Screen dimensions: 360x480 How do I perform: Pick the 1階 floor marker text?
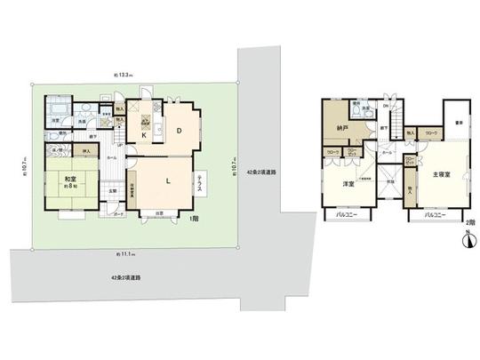(x=193, y=218)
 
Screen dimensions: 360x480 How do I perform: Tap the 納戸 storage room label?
(x=341, y=129)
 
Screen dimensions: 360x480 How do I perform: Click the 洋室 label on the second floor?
(x=349, y=185)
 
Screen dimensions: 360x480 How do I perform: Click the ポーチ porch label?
(x=117, y=214)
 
